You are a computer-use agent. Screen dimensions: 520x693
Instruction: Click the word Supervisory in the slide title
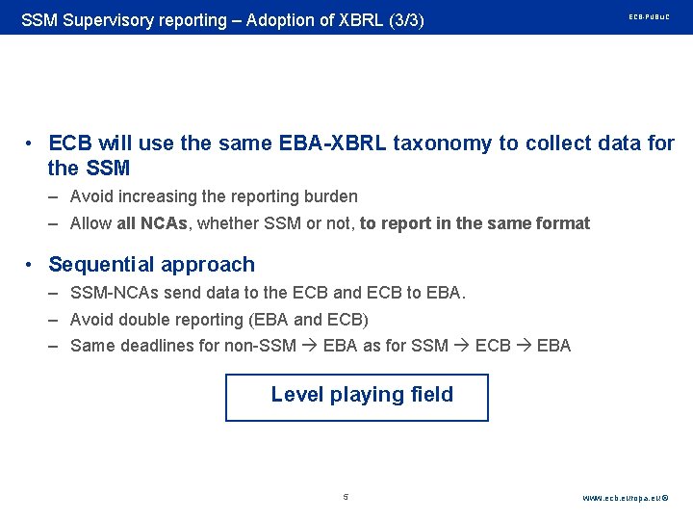point(105,19)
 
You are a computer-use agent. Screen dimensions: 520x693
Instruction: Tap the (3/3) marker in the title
point(403,19)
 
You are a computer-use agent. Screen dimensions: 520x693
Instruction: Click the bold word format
point(565,223)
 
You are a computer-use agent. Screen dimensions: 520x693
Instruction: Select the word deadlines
point(158,345)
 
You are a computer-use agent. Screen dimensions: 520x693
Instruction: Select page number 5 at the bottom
point(346,498)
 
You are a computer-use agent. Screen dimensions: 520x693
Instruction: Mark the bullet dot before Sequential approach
point(32,265)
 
